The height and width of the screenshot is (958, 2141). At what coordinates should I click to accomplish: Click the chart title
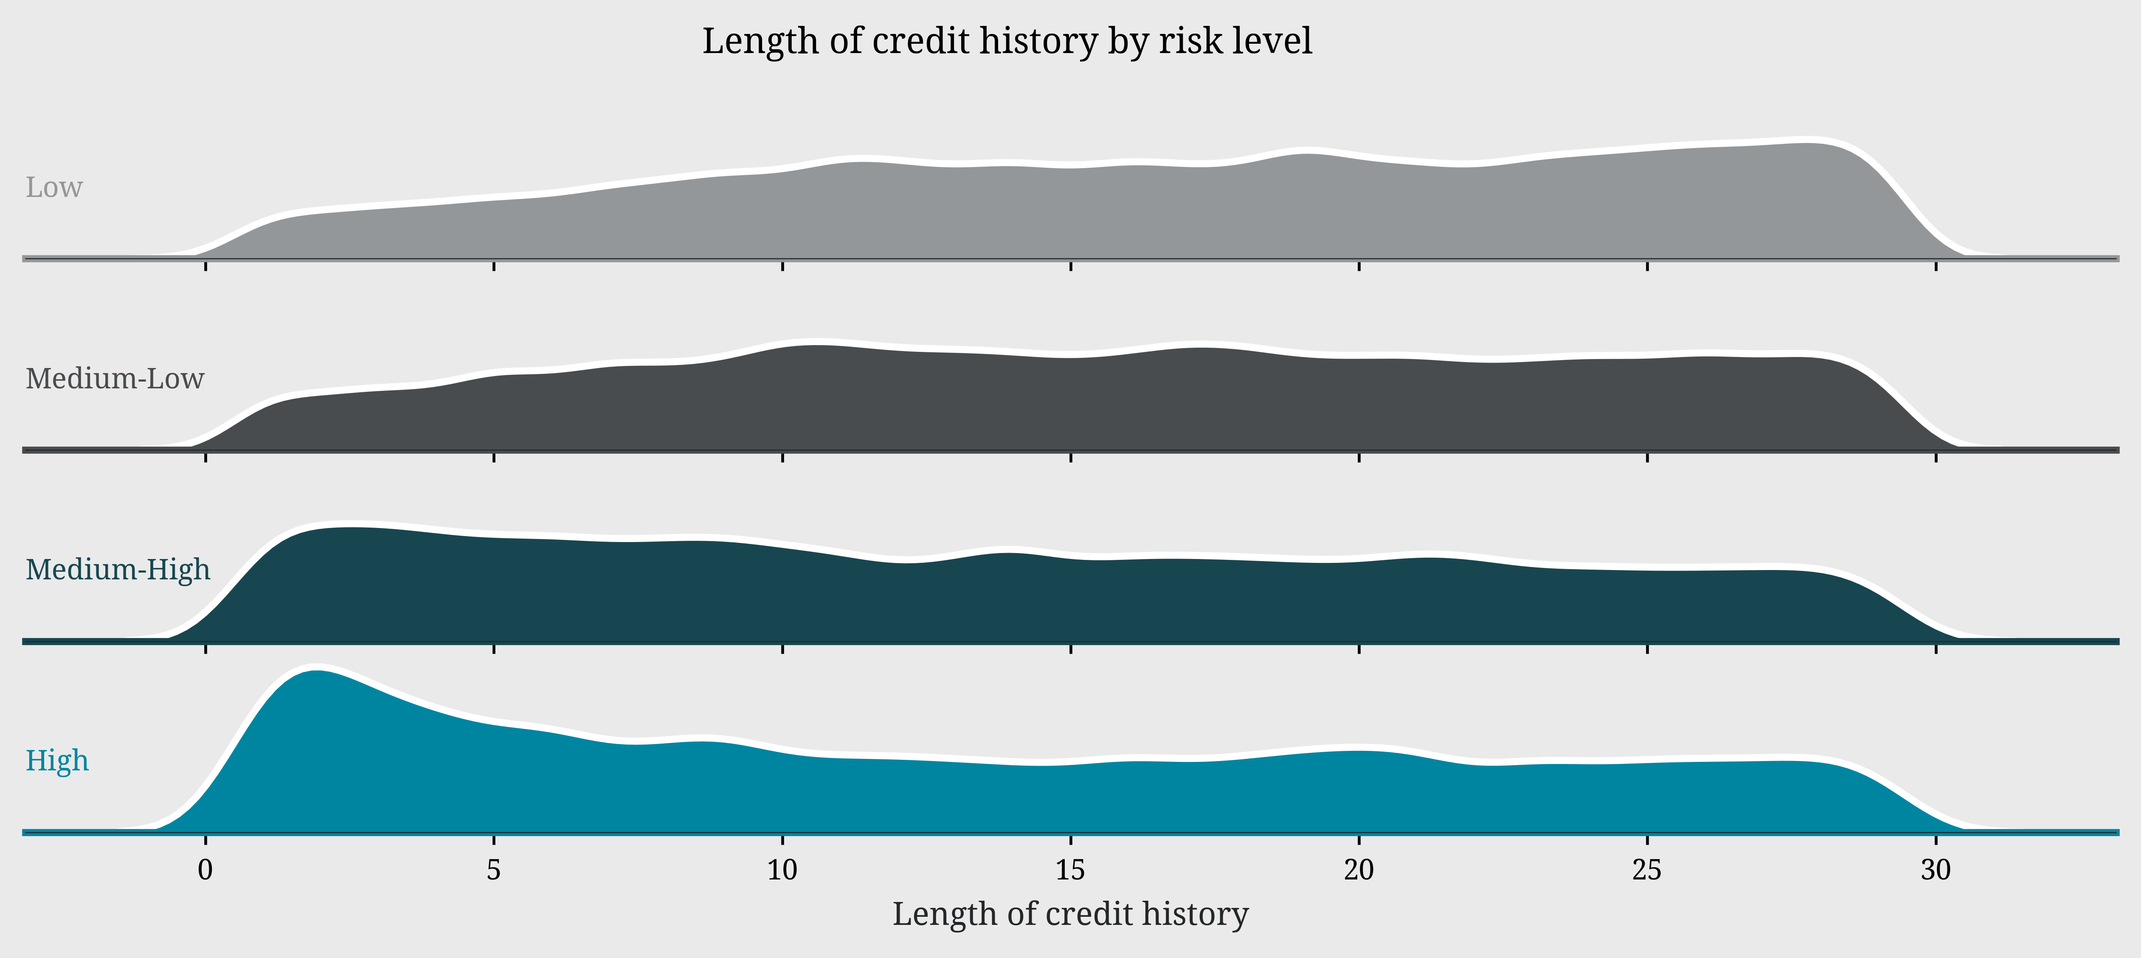tap(1007, 42)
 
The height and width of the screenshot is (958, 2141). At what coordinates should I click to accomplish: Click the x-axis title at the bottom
tap(1071, 914)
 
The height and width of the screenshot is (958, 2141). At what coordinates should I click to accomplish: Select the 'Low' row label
tap(54, 188)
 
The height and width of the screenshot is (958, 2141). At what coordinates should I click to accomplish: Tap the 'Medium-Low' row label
tap(115, 379)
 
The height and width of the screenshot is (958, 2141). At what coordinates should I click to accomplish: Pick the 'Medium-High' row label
tap(118, 570)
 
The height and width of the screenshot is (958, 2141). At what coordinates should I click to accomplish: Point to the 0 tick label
tap(205, 871)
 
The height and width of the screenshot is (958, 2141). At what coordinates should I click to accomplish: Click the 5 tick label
tap(494, 871)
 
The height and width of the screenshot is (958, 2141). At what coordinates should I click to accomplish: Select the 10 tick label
tap(782, 871)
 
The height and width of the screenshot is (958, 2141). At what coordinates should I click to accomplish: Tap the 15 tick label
tap(1071, 871)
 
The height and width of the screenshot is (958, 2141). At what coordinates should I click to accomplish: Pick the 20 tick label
tap(1359, 871)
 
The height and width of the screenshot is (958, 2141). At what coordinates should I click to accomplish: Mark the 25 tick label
tap(1647, 871)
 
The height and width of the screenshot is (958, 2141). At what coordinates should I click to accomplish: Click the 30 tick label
tap(1936, 871)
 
